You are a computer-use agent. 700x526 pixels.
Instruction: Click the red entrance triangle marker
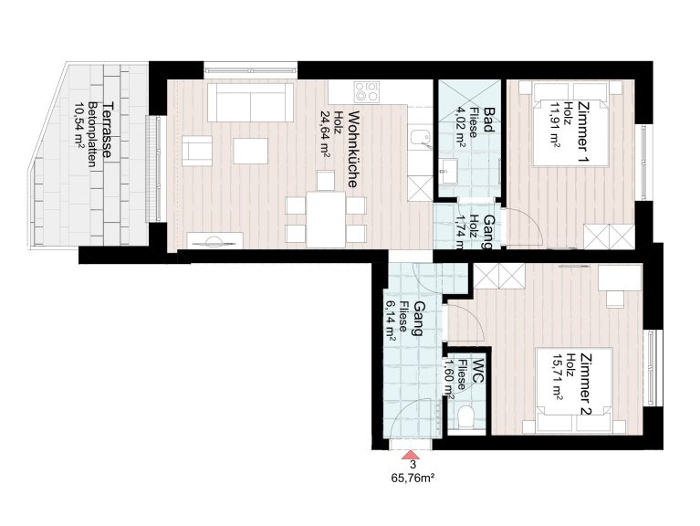(x=409, y=455)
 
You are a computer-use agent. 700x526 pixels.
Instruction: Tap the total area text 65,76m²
(x=413, y=479)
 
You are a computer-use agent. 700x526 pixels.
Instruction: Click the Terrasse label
(x=107, y=130)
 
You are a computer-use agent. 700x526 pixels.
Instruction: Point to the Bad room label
(x=489, y=121)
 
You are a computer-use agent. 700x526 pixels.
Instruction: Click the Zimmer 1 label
(x=582, y=134)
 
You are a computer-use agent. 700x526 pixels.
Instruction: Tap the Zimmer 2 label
(x=586, y=384)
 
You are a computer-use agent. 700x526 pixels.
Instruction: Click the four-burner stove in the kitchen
(x=367, y=92)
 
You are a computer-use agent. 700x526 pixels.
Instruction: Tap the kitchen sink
(x=420, y=139)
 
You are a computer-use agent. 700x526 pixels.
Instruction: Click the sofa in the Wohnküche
(x=250, y=102)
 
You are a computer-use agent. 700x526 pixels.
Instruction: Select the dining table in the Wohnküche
(x=326, y=219)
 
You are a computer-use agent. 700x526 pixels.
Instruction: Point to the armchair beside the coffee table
(x=197, y=152)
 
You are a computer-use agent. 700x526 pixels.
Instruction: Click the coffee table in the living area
(x=250, y=151)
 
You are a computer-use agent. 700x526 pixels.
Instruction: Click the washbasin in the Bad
(x=447, y=171)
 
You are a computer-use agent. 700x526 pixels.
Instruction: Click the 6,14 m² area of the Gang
(x=391, y=321)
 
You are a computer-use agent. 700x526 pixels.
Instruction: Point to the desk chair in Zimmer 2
(x=615, y=299)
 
